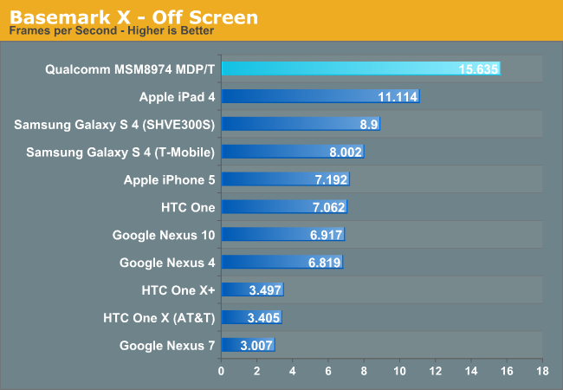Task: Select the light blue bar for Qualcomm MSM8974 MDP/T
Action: click(x=360, y=68)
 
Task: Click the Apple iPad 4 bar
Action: click(x=320, y=96)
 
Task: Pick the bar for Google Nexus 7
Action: click(x=248, y=345)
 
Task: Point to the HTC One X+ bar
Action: click(x=252, y=289)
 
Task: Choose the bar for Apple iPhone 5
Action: click(x=285, y=179)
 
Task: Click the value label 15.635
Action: click(x=479, y=68)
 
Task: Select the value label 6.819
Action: click(x=324, y=262)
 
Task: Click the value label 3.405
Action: click(x=262, y=317)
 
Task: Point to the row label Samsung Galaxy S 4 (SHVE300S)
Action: click(x=113, y=124)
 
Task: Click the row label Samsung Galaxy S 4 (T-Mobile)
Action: click(x=120, y=152)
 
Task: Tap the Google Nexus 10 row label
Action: click(x=163, y=235)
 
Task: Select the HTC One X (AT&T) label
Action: click(x=158, y=317)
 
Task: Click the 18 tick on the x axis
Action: click(x=541, y=371)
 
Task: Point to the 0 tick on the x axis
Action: click(x=222, y=371)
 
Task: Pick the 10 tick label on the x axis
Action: click(x=399, y=371)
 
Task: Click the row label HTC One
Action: click(x=187, y=207)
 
